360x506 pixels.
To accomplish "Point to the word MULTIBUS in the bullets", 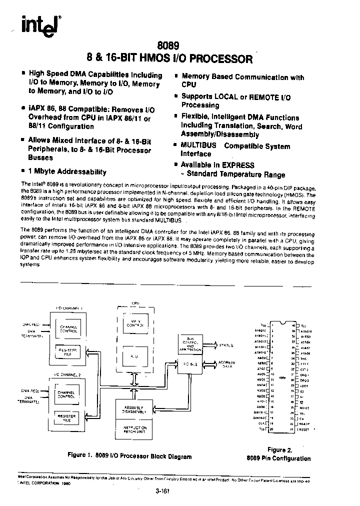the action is click(198, 146).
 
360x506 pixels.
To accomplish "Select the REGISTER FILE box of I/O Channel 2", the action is click(67, 417).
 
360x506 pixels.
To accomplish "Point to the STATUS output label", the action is click(226, 344).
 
